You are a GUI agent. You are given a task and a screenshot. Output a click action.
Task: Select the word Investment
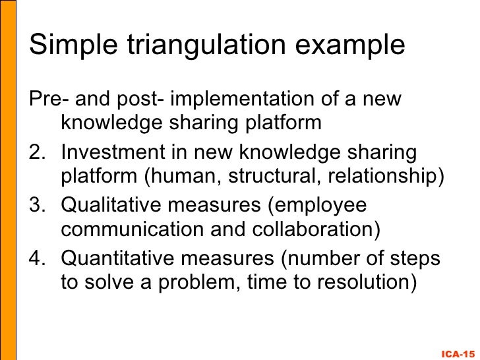click(x=113, y=153)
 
